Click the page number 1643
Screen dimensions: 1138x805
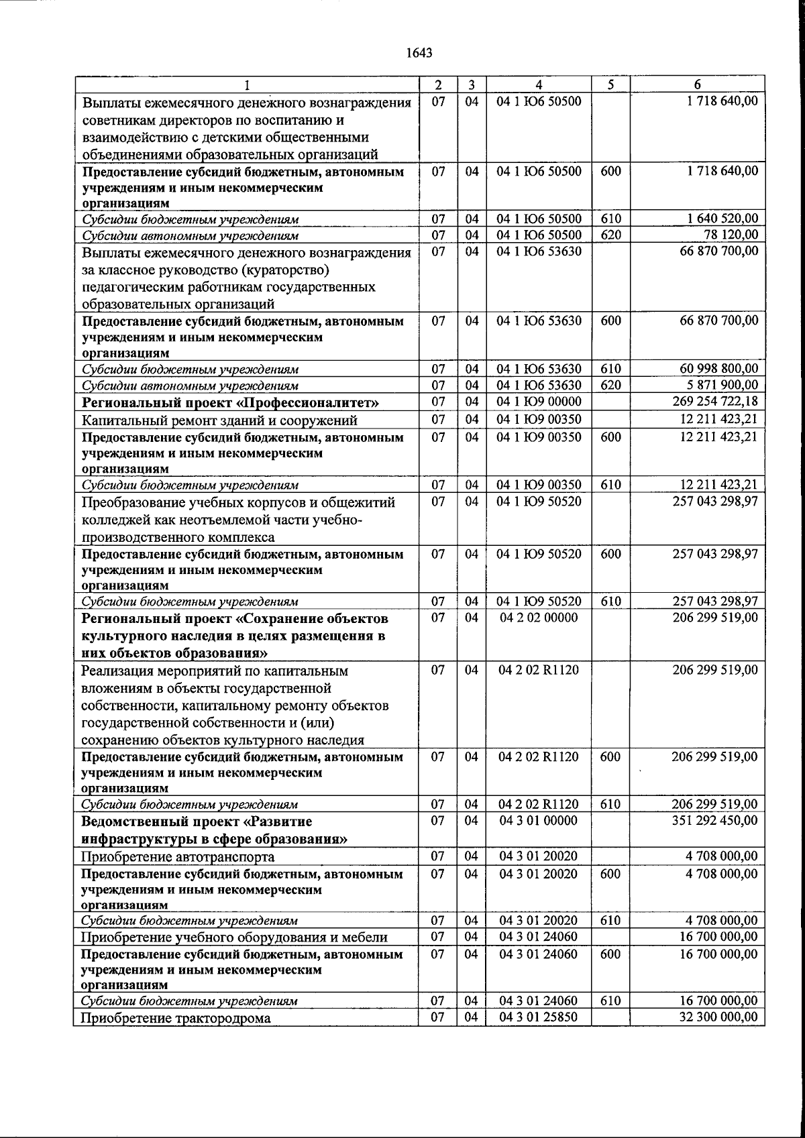coord(419,54)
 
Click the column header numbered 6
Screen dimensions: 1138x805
coord(697,85)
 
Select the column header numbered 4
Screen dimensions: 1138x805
coord(539,85)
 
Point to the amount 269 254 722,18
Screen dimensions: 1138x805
coord(715,402)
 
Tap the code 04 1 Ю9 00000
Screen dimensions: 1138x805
coord(539,402)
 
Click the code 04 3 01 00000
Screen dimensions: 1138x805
coord(539,820)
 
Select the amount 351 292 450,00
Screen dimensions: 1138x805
coord(715,820)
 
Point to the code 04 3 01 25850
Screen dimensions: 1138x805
coord(539,1017)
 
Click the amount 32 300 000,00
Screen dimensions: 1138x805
coord(719,1017)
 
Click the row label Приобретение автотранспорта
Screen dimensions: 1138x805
coord(178,857)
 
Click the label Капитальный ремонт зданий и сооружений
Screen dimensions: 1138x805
coord(219,420)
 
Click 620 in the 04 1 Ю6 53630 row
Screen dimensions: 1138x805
coord(610,385)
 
